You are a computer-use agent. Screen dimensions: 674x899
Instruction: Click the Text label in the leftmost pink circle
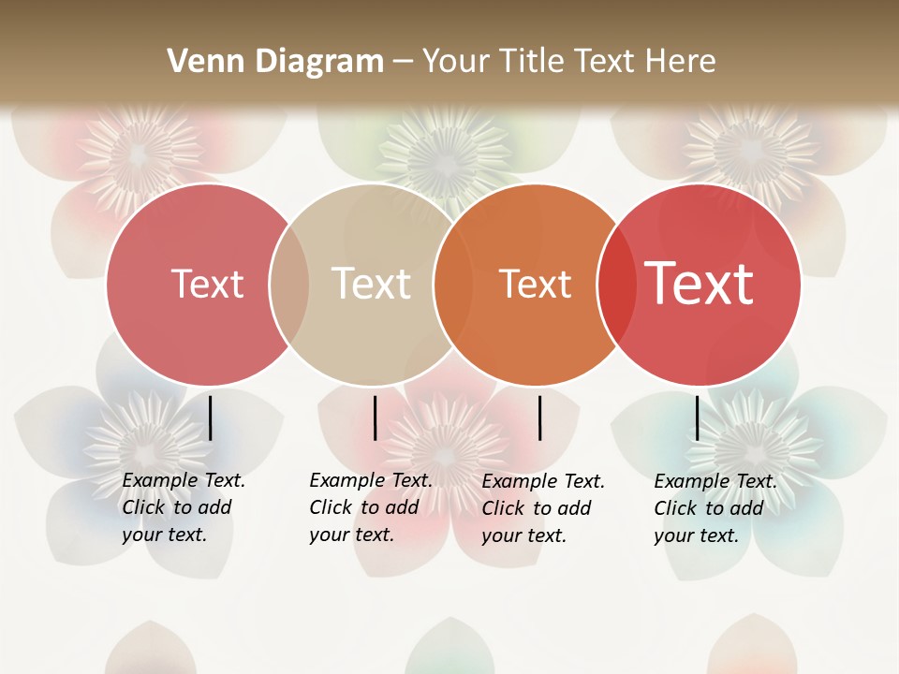point(207,284)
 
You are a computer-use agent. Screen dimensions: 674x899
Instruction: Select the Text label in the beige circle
point(372,284)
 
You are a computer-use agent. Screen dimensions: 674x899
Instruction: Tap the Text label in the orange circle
point(535,284)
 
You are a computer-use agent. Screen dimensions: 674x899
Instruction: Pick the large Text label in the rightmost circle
point(700,284)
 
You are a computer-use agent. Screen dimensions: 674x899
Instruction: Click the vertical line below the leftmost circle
point(211,418)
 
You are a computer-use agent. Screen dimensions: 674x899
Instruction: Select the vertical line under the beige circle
point(375,418)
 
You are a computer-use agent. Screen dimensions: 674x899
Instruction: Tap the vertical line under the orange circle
point(539,418)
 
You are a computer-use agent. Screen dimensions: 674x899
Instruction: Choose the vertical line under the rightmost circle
point(698,418)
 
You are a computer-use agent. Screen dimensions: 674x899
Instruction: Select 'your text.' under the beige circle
point(352,535)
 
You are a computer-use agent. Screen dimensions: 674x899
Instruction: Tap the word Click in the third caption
point(503,508)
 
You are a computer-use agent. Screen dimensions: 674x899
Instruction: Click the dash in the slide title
point(403,62)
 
